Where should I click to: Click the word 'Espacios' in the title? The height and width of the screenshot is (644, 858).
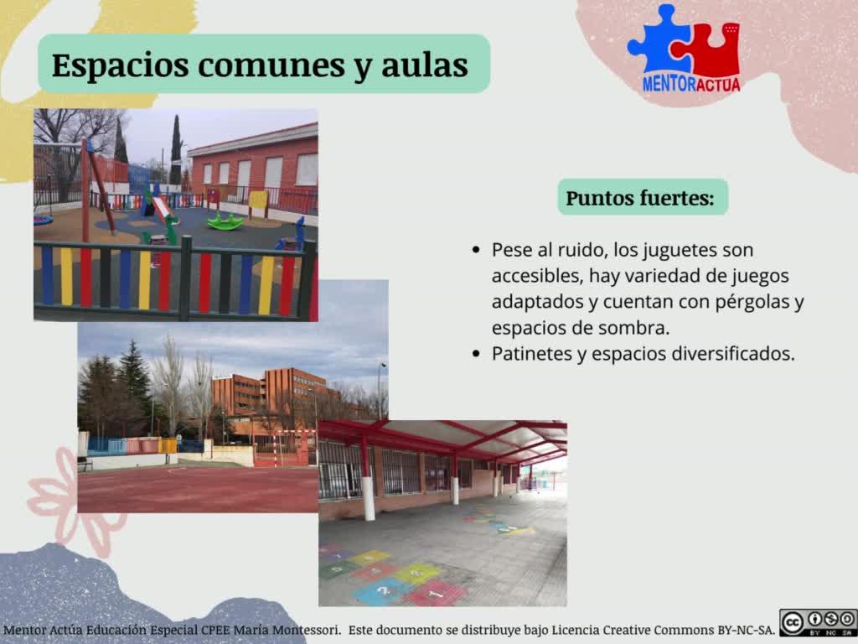121,65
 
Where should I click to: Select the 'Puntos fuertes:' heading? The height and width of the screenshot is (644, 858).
640,198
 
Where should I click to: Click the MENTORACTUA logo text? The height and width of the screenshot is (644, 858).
691,85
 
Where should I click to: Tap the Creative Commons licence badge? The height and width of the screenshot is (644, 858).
818,622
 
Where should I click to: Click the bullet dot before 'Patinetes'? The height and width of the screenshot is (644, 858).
476,355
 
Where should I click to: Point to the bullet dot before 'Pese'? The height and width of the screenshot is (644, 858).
476,250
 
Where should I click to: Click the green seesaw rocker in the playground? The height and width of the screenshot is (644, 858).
225,221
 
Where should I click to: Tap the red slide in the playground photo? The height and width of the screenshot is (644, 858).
163,208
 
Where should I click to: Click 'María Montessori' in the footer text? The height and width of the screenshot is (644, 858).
287,631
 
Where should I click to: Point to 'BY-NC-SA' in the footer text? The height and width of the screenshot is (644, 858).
745,631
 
